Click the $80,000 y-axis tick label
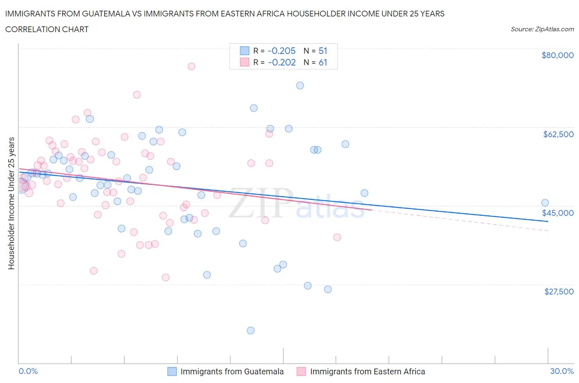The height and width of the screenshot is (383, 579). point(557,55)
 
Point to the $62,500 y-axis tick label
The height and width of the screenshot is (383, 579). point(558,134)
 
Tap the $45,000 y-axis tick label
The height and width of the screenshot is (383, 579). point(558,213)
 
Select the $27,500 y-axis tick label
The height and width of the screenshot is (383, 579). point(558,292)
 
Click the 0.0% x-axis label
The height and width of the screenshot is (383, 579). point(28,371)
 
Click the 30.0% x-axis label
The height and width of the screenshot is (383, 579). point(562,371)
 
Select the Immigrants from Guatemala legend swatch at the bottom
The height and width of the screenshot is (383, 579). point(172,371)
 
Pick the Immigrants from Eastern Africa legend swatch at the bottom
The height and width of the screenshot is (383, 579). point(301,371)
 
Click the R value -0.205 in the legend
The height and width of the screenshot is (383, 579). point(282,51)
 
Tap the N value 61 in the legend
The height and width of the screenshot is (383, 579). point(323,62)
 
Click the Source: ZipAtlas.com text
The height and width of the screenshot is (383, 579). point(542,29)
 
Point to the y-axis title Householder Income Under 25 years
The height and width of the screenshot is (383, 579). point(12,203)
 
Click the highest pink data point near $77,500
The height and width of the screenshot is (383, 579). point(191,66)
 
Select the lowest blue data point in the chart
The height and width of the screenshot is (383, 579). point(250,330)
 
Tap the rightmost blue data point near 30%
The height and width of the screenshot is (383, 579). point(545,203)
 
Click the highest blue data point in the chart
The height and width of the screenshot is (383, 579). point(300,85)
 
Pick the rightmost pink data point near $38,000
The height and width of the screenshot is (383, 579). point(337,237)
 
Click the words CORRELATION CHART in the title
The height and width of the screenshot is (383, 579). point(47,29)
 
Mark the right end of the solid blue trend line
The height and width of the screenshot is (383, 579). point(548,222)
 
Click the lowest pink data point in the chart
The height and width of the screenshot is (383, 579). point(166,277)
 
